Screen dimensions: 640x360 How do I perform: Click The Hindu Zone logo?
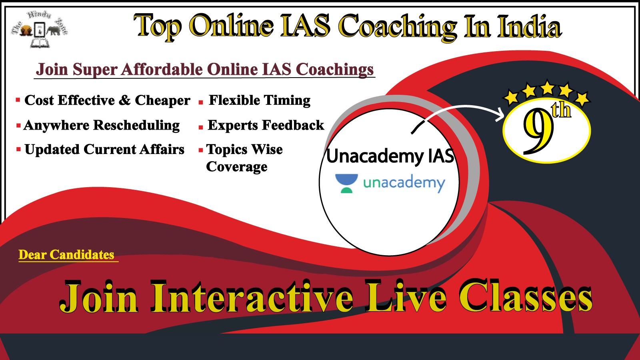click(40, 30)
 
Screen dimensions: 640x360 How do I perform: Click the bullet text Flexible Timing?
click(260, 100)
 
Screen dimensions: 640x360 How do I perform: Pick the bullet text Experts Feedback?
click(266, 125)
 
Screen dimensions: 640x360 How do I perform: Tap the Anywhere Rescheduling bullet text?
click(102, 126)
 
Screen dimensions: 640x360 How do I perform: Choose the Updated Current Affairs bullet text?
click(104, 150)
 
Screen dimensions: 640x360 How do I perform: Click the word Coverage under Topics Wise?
click(236, 167)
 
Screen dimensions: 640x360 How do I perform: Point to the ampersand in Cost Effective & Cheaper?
click(124, 100)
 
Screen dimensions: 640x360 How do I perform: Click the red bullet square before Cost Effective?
click(18, 100)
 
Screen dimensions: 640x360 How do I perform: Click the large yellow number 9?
click(538, 131)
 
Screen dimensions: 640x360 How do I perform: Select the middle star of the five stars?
click(548, 88)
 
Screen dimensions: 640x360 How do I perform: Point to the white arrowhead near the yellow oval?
click(500, 114)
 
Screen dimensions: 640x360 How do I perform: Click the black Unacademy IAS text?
click(390, 156)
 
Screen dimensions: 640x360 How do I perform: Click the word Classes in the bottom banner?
click(526, 297)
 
